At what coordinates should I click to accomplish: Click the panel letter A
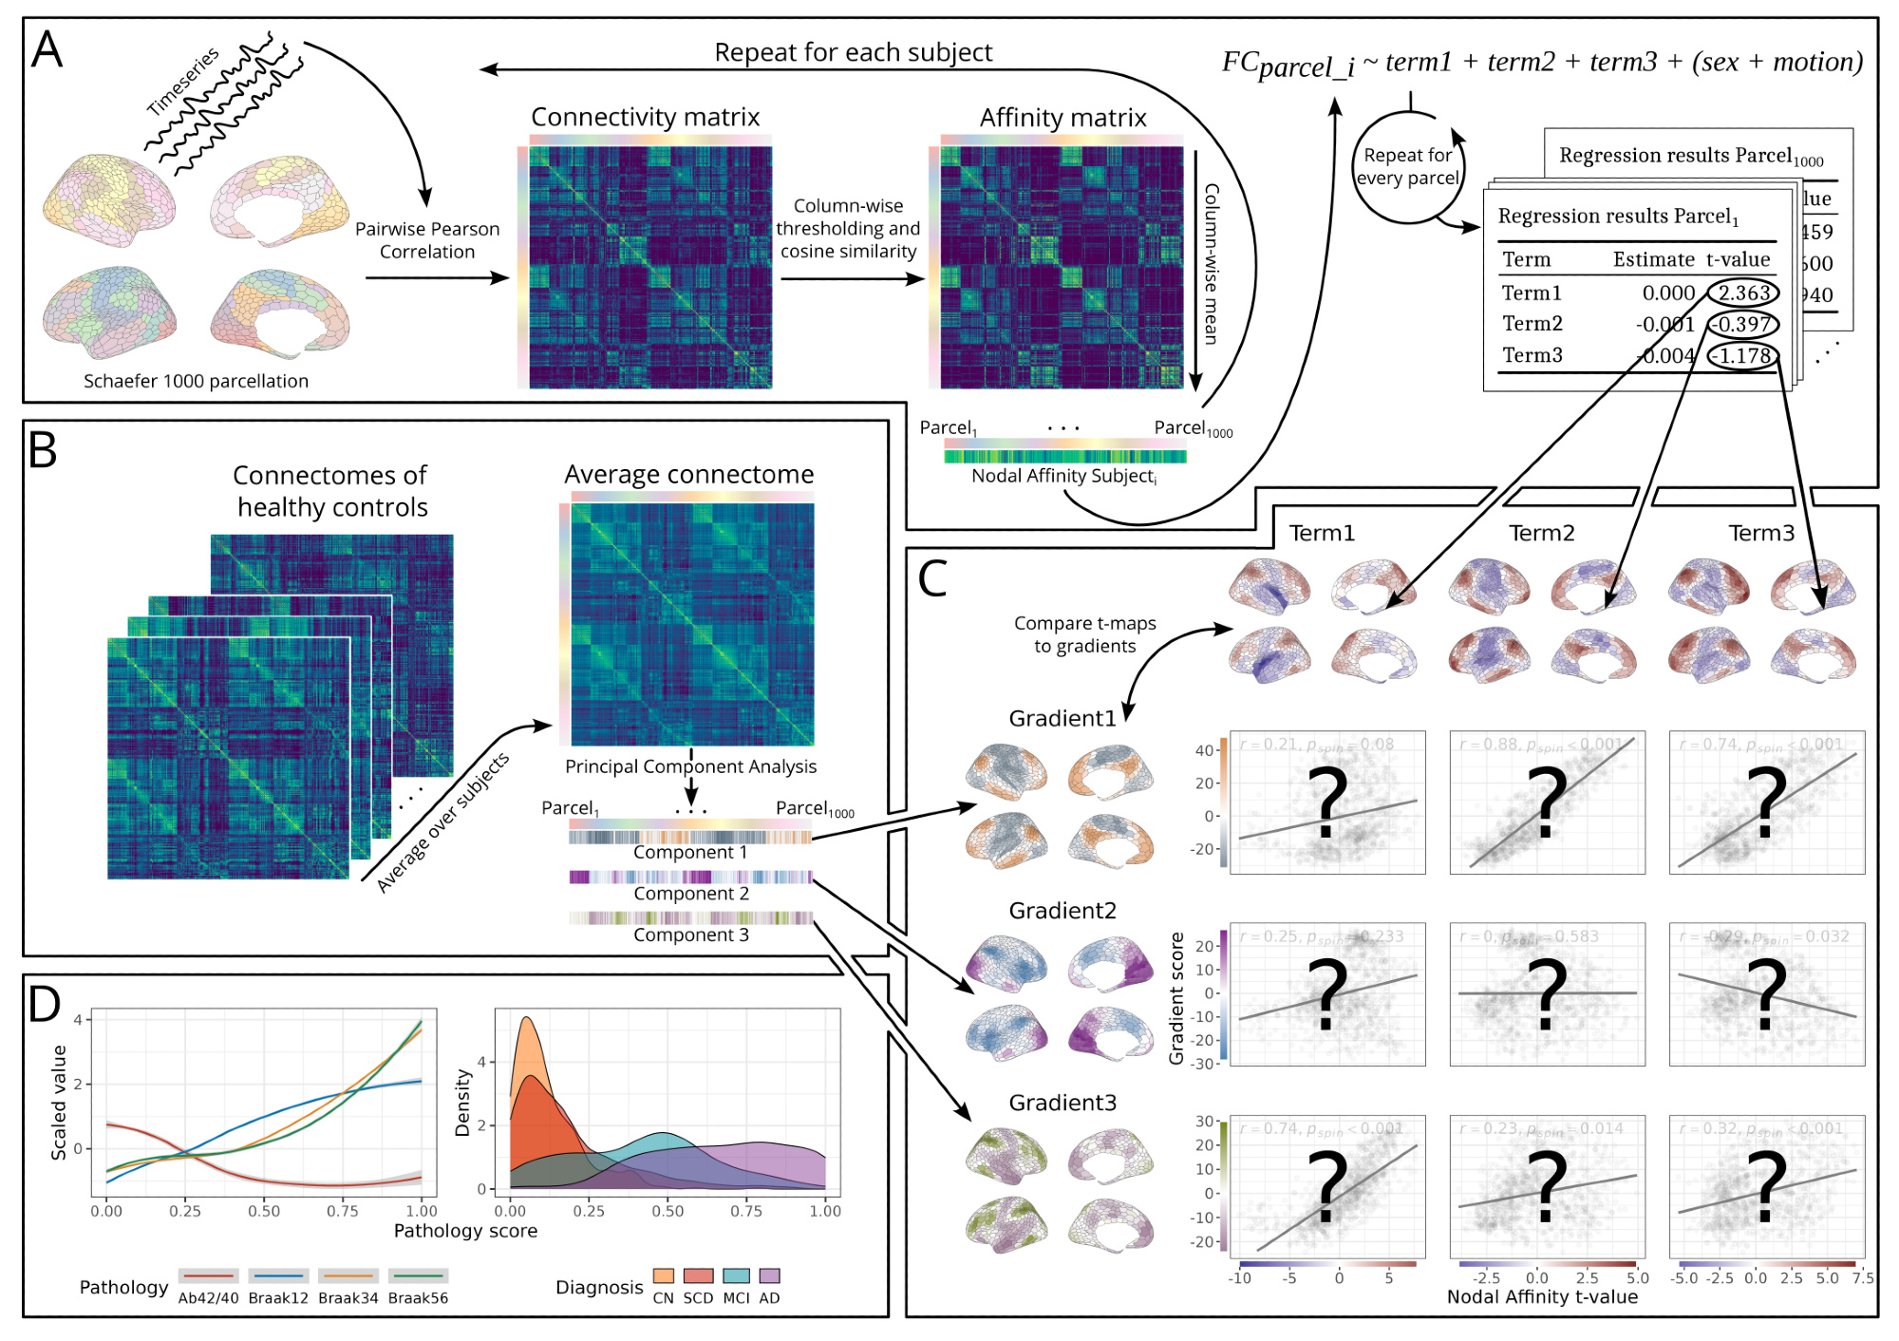click(x=47, y=50)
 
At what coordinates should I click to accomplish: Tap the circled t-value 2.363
click(x=1743, y=293)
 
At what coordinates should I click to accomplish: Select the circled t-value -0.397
click(x=1743, y=324)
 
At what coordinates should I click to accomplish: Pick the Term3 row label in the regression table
click(x=1532, y=355)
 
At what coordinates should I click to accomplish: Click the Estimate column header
click(x=1653, y=259)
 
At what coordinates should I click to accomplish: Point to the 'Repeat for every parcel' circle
click(x=1408, y=167)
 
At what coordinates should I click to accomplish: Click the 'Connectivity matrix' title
click(x=645, y=117)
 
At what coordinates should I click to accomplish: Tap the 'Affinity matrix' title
click(x=1062, y=118)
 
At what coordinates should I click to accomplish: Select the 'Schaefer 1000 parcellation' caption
click(x=196, y=381)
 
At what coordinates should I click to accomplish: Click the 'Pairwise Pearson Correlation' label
click(x=427, y=240)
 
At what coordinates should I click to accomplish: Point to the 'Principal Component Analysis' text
click(x=690, y=766)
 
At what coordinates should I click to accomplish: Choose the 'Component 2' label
click(x=691, y=894)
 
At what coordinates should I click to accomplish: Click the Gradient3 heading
click(x=1062, y=1103)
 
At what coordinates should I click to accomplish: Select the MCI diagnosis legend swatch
click(x=736, y=1276)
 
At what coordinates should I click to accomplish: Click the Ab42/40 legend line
click(x=208, y=1276)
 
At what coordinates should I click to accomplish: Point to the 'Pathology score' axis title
click(x=465, y=1231)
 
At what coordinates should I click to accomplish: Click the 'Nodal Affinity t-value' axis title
click(x=1542, y=1297)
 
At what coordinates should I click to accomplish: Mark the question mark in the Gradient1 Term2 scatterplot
click(x=1547, y=803)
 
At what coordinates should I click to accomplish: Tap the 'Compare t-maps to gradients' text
click(x=1084, y=634)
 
